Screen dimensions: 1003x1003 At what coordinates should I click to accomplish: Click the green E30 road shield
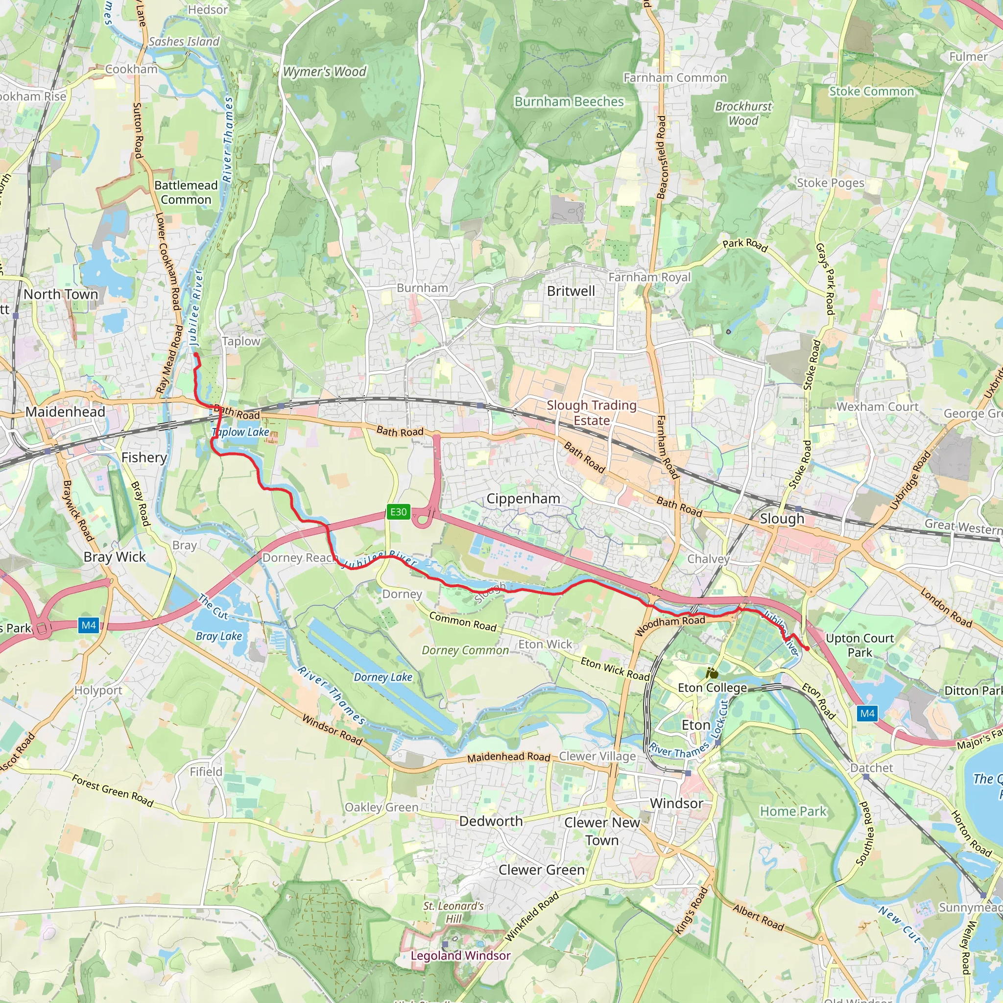[x=398, y=512]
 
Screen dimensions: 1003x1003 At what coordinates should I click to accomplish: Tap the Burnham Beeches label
[x=569, y=102]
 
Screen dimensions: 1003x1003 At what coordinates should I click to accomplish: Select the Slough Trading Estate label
[x=591, y=413]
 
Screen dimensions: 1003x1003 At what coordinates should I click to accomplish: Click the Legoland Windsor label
[x=460, y=955]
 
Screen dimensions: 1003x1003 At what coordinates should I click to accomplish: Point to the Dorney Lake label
[x=382, y=677]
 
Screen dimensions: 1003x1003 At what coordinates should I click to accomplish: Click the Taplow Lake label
[x=241, y=432]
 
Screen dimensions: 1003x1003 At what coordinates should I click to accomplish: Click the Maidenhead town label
[x=65, y=412]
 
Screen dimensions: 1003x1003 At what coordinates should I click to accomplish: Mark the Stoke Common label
[x=871, y=92]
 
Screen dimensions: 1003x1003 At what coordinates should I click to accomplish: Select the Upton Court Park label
[x=860, y=645]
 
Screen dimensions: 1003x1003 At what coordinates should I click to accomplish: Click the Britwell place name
[x=571, y=291]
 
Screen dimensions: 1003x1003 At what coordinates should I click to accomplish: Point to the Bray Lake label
[x=218, y=636]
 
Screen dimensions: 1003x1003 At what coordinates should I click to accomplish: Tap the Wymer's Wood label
[x=325, y=72]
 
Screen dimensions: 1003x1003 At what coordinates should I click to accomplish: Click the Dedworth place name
[x=491, y=821]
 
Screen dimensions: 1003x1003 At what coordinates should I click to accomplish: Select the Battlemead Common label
[x=186, y=192]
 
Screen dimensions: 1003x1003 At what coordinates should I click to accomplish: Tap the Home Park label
[x=793, y=811]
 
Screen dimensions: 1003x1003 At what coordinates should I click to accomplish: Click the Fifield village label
[x=206, y=771]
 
